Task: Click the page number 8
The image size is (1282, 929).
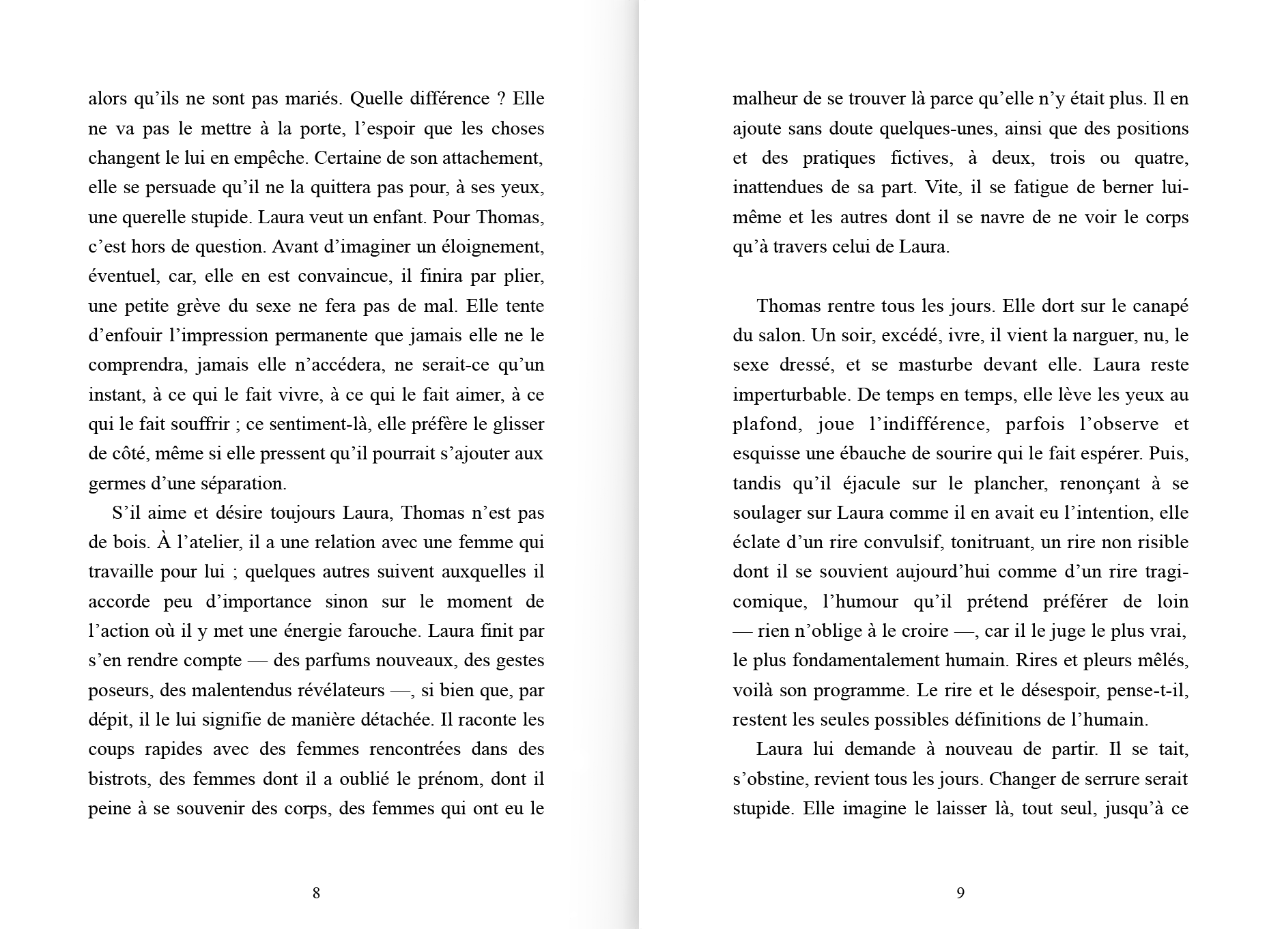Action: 316,893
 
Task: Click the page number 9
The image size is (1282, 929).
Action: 960,893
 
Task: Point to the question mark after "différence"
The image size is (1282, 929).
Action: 500,99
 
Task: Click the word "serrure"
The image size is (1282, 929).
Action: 1109,780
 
